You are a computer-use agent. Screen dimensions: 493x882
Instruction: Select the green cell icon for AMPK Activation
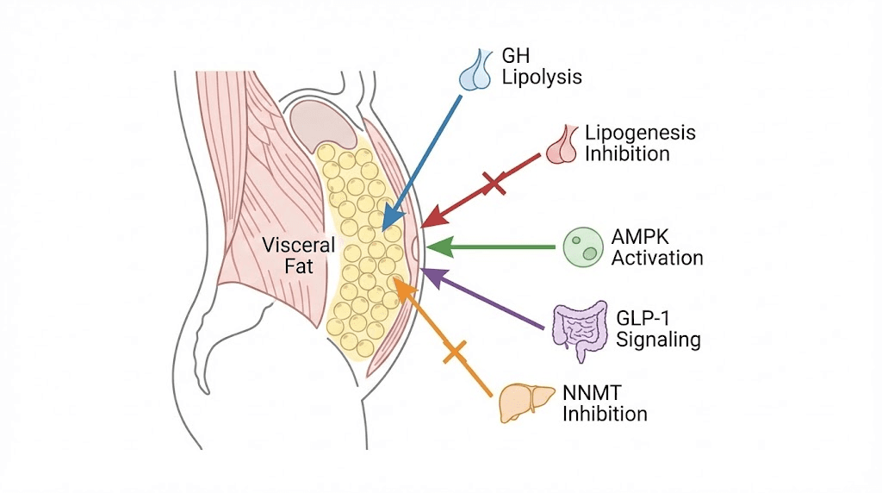coord(581,247)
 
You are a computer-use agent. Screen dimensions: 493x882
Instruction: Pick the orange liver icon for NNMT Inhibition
coord(525,403)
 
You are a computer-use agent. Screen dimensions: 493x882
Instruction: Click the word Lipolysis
coord(542,78)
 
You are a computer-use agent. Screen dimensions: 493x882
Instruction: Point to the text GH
coord(515,56)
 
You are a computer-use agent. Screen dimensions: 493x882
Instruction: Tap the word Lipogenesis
coord(640,134)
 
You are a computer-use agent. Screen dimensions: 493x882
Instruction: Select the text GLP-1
coord(643,317)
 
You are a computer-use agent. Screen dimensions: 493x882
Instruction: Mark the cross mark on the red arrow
coord(494,182)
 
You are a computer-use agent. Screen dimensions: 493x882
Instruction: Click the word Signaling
coord(657,340)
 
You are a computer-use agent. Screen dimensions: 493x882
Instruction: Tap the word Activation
coord(657,258)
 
